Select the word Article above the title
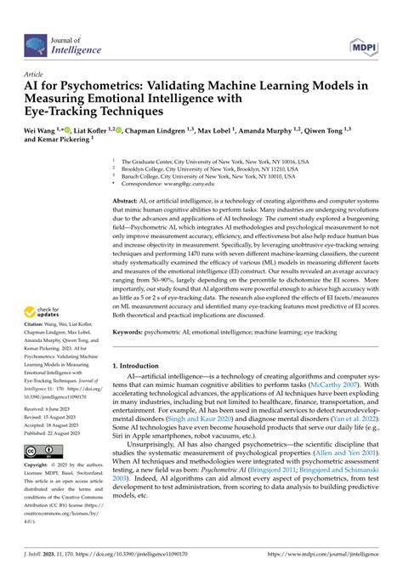pos(35,75)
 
